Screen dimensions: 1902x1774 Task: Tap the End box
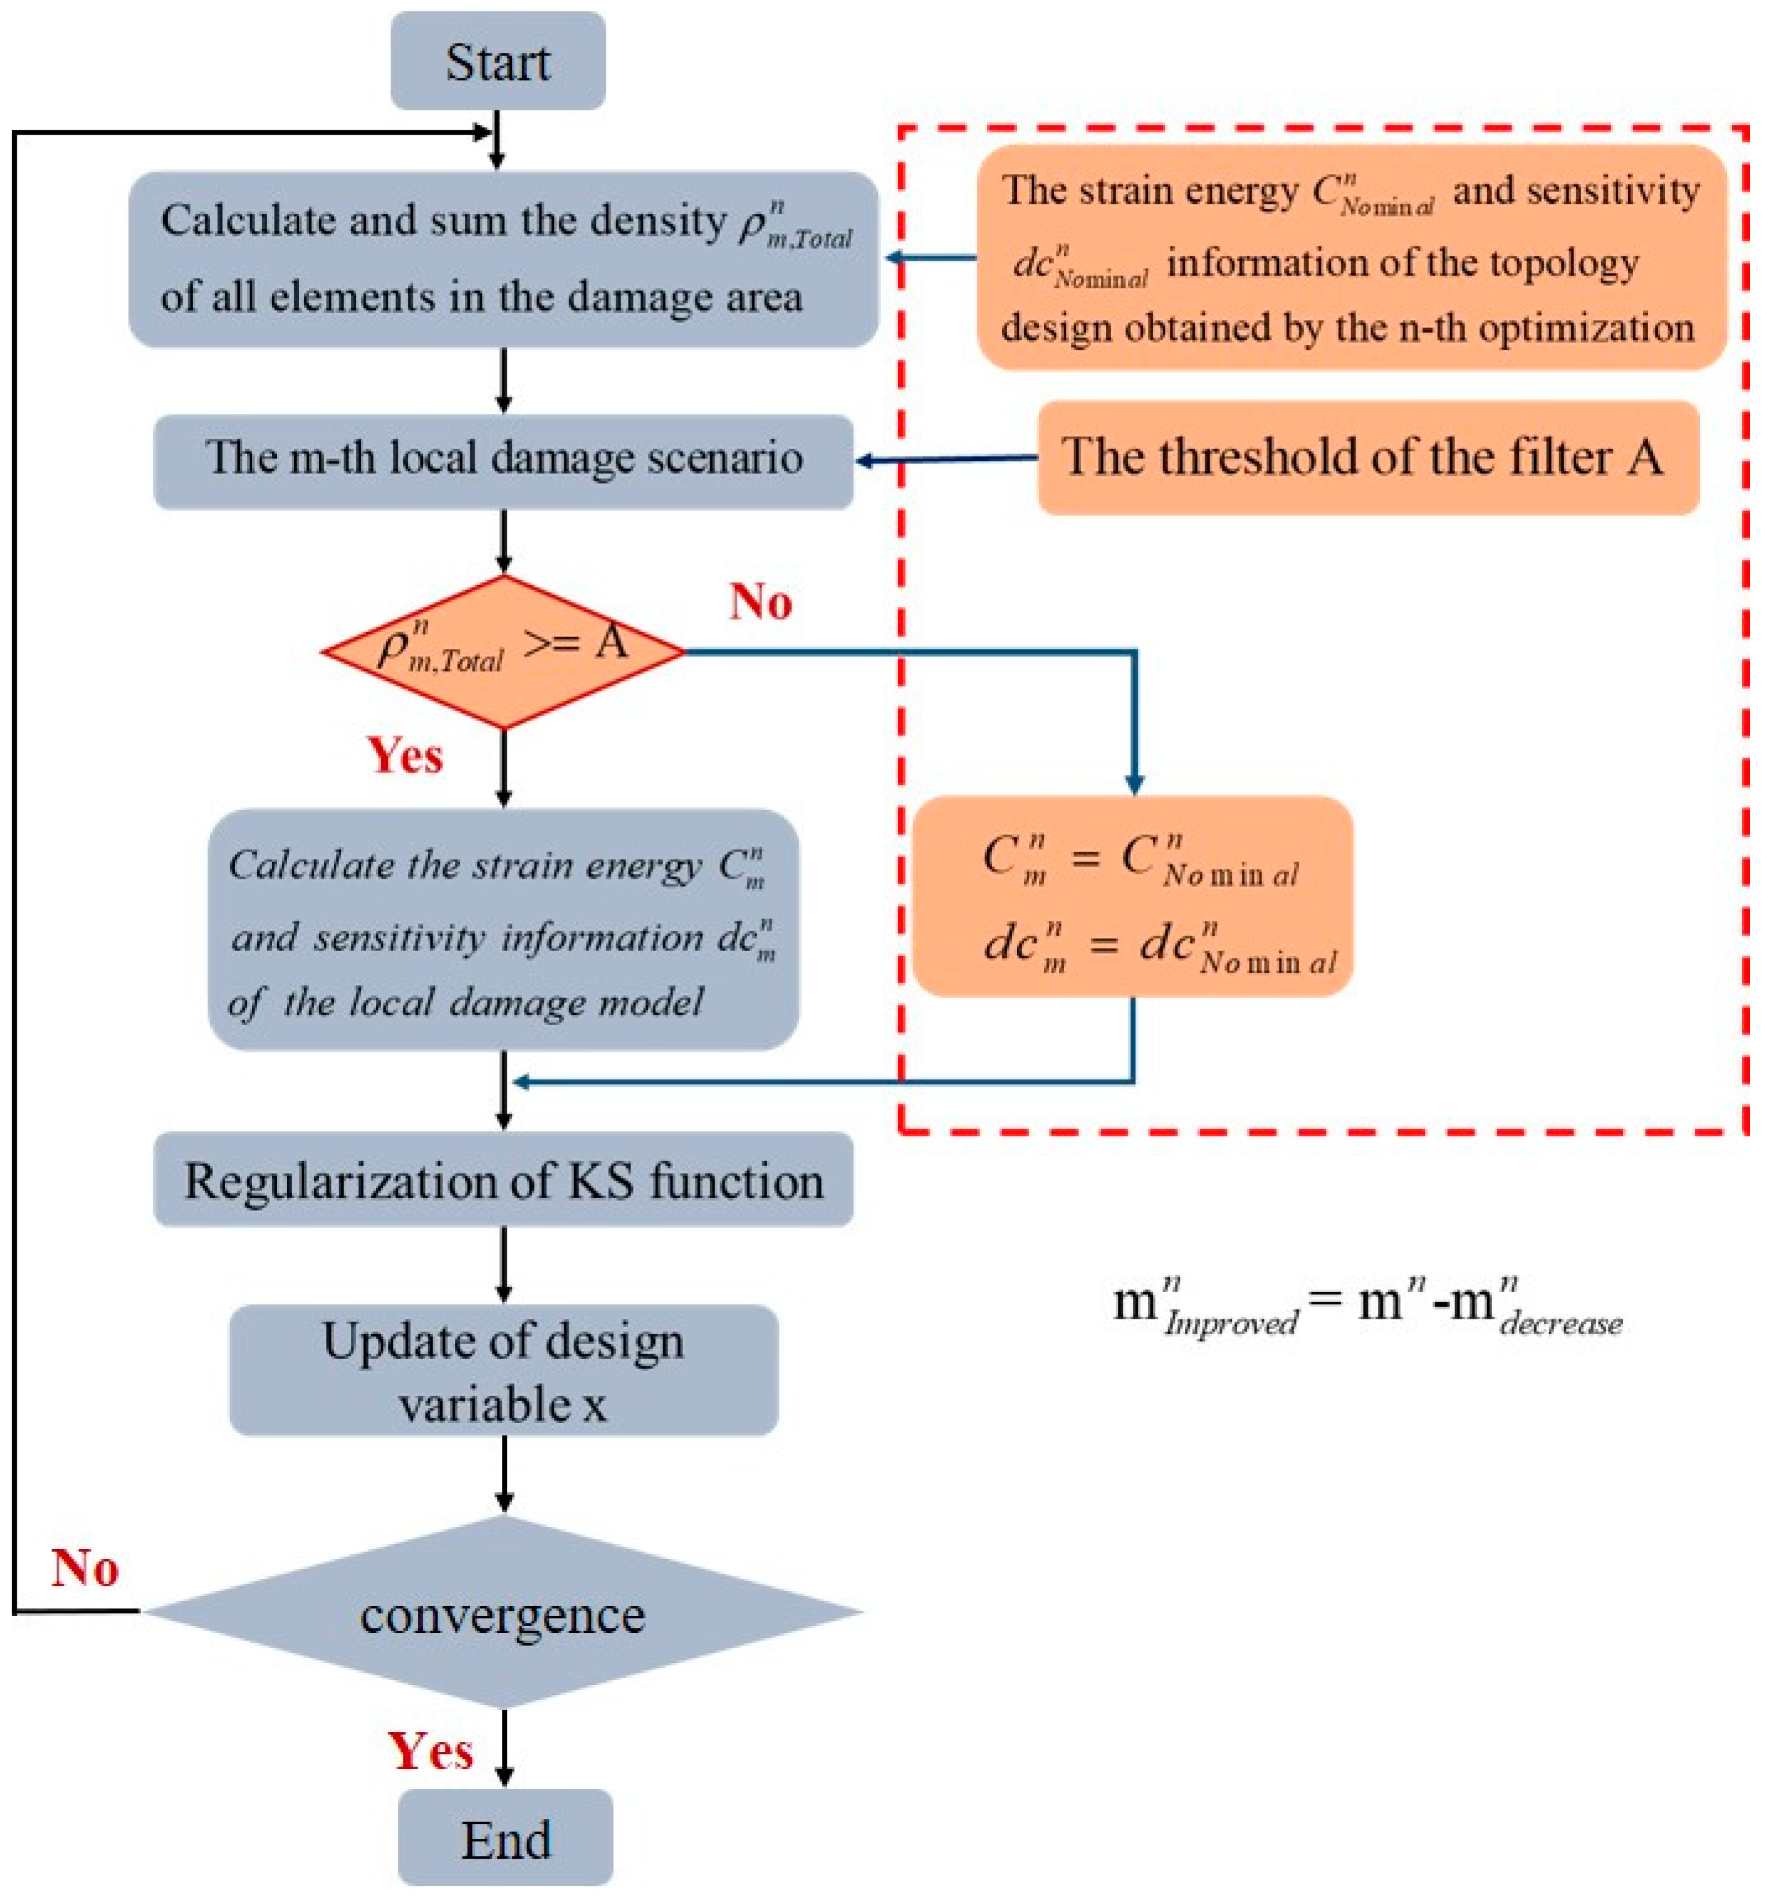point(504,1838)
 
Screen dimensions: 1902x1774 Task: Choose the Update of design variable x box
point(503,1370)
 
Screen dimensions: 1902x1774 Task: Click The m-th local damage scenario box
point(503,460)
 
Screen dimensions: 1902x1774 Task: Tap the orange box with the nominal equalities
point(1132,897)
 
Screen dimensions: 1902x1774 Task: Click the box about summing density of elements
point(503,258)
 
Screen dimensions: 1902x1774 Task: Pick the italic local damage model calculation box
point(503,931)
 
